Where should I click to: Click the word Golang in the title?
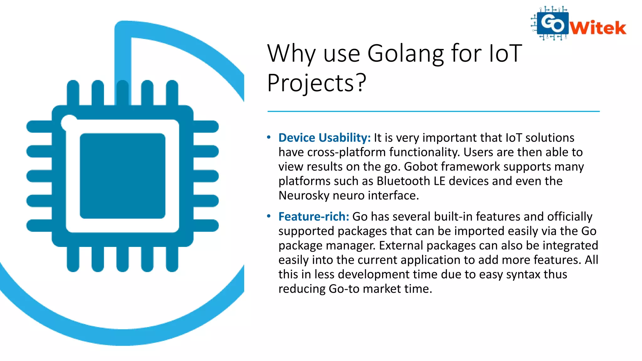tap(406, 54)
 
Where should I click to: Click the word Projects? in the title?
tap(317, 83)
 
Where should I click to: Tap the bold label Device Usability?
tap(324, 138)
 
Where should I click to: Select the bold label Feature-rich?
tap(314, 217)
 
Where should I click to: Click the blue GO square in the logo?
tap(552, 23)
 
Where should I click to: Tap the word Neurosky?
tap(304, 196)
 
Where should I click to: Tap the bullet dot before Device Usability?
tap(269, 137)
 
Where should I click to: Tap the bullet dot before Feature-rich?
tap(269, 216)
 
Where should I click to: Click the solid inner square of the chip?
tap(123, 176)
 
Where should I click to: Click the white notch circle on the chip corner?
tap(69, 122)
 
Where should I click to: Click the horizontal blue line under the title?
tap(433, 111)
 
